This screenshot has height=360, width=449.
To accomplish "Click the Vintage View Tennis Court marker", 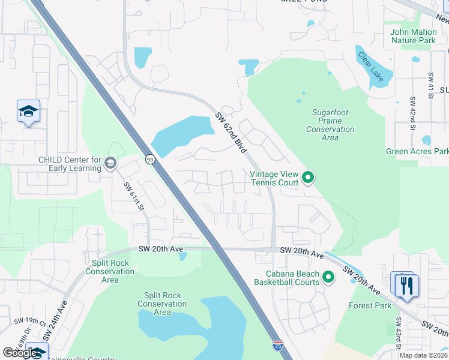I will (x=308, y=177).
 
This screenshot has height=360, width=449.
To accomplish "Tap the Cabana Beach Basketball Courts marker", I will (x=328, y=277).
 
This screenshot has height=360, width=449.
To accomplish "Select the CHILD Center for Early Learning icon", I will (x=110, y=163).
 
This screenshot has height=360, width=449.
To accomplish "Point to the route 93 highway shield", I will (x=149, y=158).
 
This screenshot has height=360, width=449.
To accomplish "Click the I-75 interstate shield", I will (x=277, y=345).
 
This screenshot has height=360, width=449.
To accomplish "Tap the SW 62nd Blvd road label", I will (x=230, y=133).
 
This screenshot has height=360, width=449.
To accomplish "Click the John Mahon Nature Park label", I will (x=412, y=36).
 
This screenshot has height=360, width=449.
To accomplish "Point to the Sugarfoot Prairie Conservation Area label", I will (x=330, y=125).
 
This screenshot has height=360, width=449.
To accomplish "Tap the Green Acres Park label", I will (x=417, y=152).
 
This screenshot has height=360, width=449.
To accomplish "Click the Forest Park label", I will (x=370, y=305).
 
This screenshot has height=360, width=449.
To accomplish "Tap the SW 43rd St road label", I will (x=398, y=338).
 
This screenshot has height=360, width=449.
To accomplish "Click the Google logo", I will (x=20, y=352).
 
